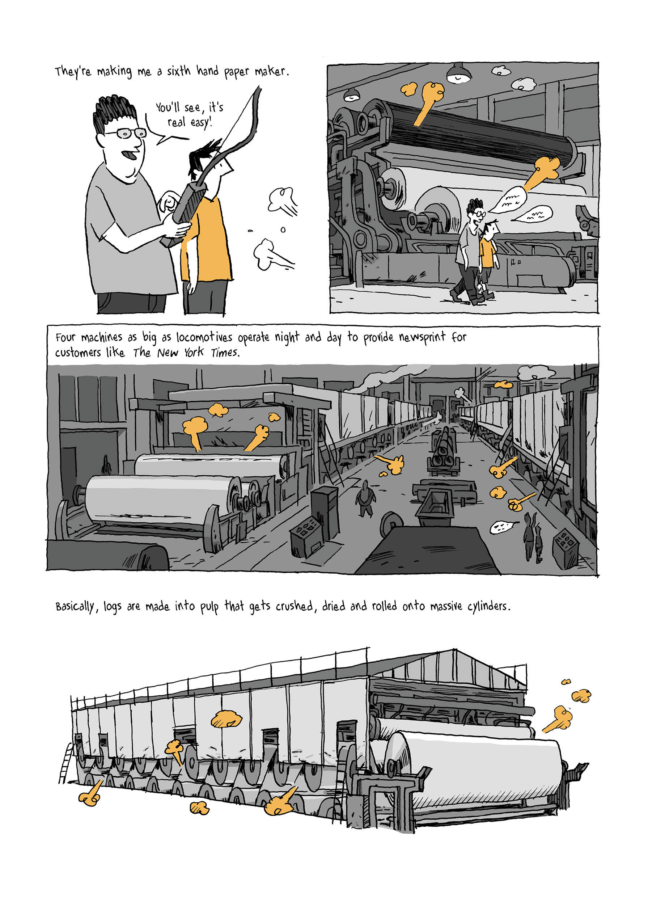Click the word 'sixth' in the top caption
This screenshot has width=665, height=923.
point(178,72)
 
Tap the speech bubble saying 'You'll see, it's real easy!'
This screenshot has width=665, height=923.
point(189,115)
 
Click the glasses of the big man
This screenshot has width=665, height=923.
point(125,133)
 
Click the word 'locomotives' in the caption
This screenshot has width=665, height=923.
point(204,337)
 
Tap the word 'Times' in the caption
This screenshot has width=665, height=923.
point(225,353)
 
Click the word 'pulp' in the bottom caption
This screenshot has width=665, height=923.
point(209,607)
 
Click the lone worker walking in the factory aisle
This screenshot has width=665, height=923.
point(365,498)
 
